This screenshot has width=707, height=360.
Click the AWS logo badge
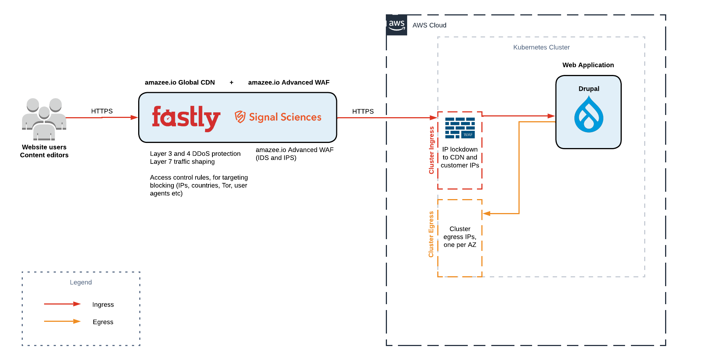(x=396, y=25)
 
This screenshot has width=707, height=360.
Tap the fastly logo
(x=186, y=118)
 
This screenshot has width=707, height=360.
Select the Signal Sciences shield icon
(x=240, y=117)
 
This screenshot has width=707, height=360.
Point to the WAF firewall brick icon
(x=460, y=128)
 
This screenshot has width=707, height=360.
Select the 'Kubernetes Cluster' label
(x=541, y=47)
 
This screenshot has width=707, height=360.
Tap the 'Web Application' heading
(x=588, y=65)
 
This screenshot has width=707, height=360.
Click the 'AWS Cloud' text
(x=429, y=25)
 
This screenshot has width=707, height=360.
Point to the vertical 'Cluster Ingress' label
(x=431, y=150)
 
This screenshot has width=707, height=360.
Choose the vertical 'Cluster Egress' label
(x=431, y=234)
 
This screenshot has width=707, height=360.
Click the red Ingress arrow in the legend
(x=62, y=304)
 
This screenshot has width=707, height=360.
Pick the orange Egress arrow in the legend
(x=62, y=321)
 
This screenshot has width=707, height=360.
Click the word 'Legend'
(x=81, y=282)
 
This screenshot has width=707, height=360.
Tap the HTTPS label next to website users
(x=102, y=111)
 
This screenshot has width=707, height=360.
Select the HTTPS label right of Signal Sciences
(x=363, y=111)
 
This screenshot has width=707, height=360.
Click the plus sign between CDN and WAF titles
(x=232, y=83)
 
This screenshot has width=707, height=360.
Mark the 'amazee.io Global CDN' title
(x=180, y=83)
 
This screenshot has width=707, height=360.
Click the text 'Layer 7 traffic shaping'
(x=182, y=162)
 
